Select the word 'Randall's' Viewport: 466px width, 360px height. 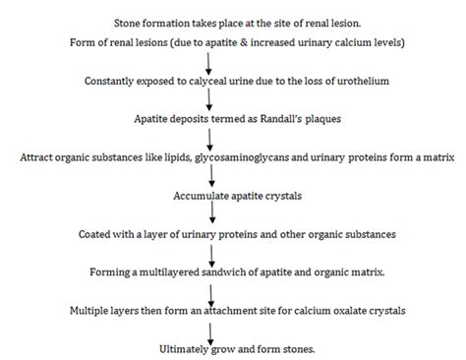pyautogui.click(x=276, y=119)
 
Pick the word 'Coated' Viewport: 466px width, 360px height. pyautogui.click(x=97, y=234)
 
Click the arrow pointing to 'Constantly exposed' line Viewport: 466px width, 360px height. pyautogui.click(x=232, y=62)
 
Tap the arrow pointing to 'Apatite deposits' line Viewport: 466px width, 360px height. pyautogui.click(x=232, y=99)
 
